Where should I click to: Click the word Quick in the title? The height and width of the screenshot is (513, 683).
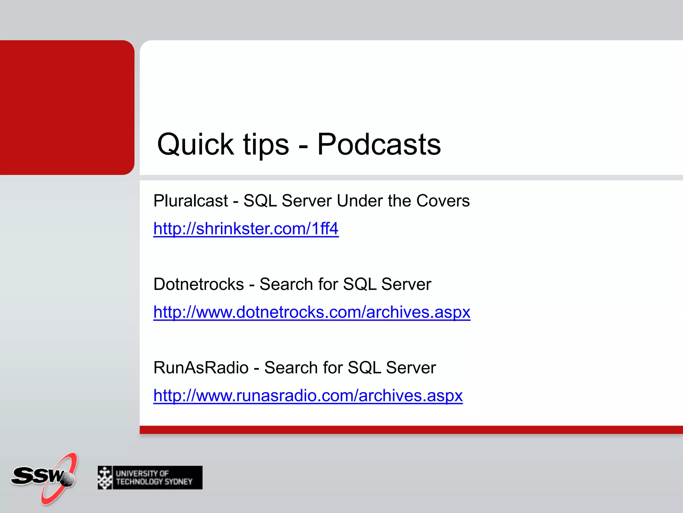[195, 145]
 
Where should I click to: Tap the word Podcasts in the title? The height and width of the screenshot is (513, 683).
[379, 145]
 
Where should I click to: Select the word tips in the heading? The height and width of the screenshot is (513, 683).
[266, 145]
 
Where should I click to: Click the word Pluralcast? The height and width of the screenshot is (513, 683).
[190, 201]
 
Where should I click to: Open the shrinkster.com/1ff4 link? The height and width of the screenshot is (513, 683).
[246, 229]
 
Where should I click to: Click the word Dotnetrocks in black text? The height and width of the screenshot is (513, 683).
[199, 285]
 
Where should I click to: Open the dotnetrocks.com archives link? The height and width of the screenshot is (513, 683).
[311, 313]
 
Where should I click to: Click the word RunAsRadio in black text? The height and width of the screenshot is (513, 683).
[201, 368]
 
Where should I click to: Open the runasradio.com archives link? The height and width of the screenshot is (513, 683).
[308, 396]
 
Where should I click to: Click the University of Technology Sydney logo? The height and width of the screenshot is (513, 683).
[150, 478]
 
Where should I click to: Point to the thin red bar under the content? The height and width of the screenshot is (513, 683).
[410, 430]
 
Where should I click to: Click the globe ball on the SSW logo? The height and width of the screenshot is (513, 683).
[68, 479]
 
